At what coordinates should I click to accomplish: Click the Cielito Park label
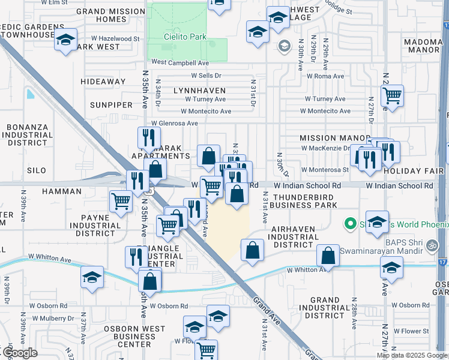click(x=185, y=37)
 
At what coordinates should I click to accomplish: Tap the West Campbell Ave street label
click(x=179, y=62)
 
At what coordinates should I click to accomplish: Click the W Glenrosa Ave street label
click(x=174, y=123)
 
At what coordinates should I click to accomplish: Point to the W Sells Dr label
click(x=206, y=76)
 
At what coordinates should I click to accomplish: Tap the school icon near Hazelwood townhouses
click(x=65, y=41)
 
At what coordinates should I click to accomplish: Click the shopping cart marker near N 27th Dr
click(x=392, y=95)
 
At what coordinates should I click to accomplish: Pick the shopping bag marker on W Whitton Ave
click(x=328, y=256)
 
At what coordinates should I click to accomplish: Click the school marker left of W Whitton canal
click(x=92, y=277)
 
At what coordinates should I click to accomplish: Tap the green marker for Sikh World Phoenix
click(x=350, y=224)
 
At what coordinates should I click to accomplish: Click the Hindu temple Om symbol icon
click(x=429, y=245)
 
